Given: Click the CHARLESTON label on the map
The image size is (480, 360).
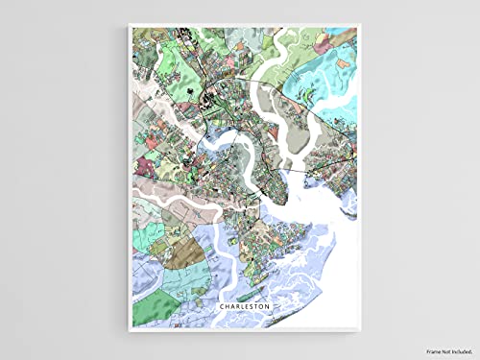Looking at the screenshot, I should [244, 306].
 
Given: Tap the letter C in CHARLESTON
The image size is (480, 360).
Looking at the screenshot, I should [222, 306].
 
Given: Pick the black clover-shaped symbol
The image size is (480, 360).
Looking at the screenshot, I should [203, 92].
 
